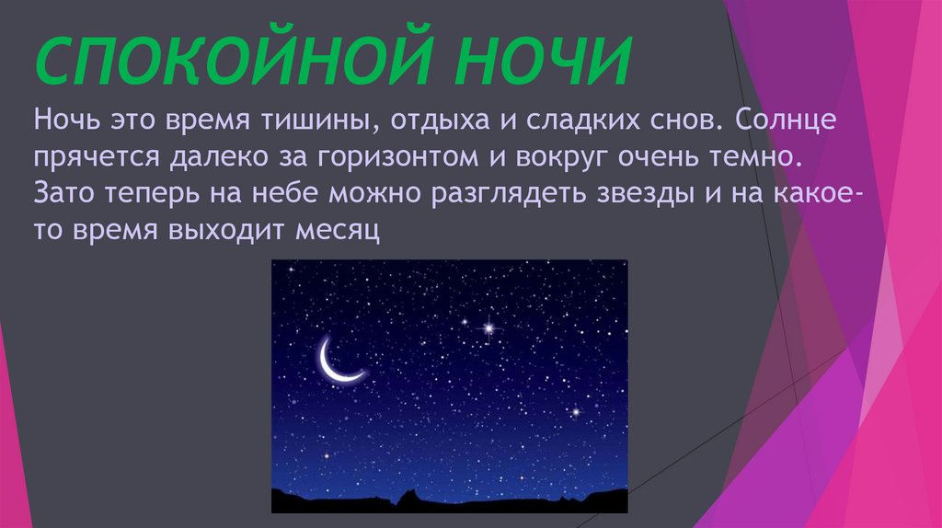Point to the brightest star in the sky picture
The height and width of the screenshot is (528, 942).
pyautogui.click(x=488, y=327)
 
